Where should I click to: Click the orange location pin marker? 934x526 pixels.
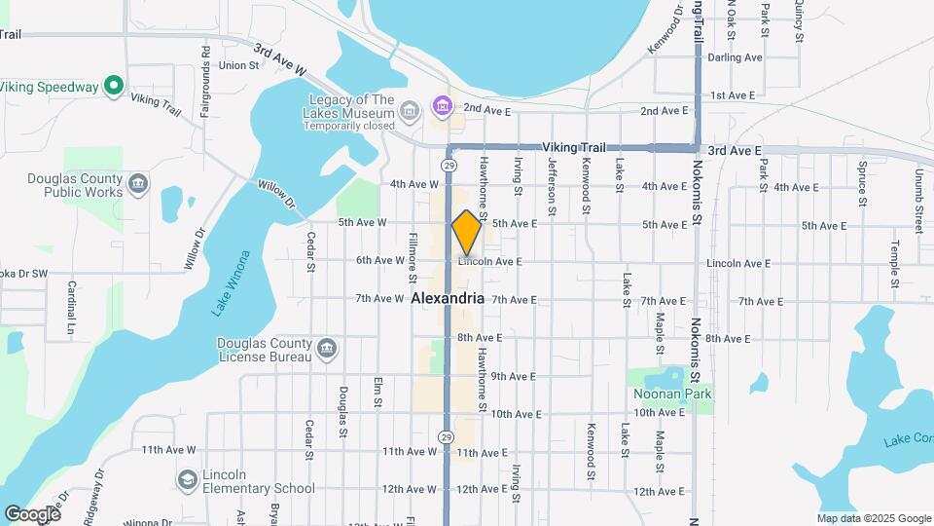[x=467, y=232]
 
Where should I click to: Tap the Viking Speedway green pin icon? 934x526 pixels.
[x=114, y=87]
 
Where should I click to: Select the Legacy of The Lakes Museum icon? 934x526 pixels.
[x=443, y=104]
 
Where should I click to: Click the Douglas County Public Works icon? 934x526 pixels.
[x=138, y=183]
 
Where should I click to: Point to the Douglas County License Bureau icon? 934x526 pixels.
[x=327, y=348]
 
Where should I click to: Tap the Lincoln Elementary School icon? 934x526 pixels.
[x=187, y=479]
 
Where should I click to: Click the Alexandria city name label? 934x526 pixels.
[x=449, y=298]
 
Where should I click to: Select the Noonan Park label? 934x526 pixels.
[x=673, y=394]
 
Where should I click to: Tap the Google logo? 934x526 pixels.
[x=32, y=513]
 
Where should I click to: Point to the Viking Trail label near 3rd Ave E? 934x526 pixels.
[x=574, y=146]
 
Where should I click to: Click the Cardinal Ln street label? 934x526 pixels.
[x=71, y=308]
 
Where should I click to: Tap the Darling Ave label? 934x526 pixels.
[x=736, y=57]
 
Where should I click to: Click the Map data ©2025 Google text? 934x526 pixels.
[x=873, y=518]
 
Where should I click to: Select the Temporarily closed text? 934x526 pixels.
[x=354, y=127]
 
